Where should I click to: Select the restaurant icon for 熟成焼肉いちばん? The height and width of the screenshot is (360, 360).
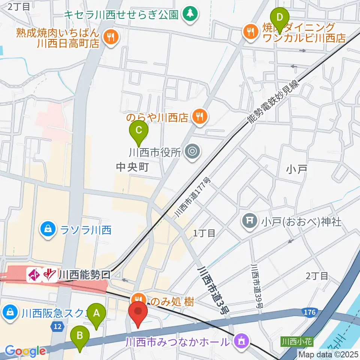(x=111, y=37)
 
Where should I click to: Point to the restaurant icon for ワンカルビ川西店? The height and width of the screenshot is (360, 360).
(x=250, y=31)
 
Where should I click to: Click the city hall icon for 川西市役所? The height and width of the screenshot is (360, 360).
(x=193, y=151)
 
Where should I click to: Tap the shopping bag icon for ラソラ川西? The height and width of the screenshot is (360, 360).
(x=48, y=229)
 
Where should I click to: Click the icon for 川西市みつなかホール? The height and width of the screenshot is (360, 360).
(x=240, y=341)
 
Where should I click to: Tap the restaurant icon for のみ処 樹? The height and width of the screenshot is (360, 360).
(x=138, y=299)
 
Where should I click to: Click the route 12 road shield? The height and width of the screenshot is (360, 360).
(x=57, y=327)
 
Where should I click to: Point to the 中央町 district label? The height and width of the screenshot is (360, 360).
(x=132, y=167)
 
